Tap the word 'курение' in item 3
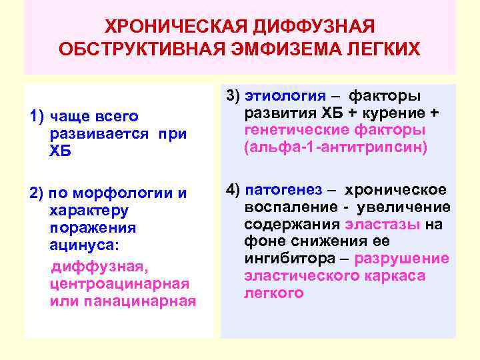tap(395, 111)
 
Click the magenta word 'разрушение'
tap(401, 259)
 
